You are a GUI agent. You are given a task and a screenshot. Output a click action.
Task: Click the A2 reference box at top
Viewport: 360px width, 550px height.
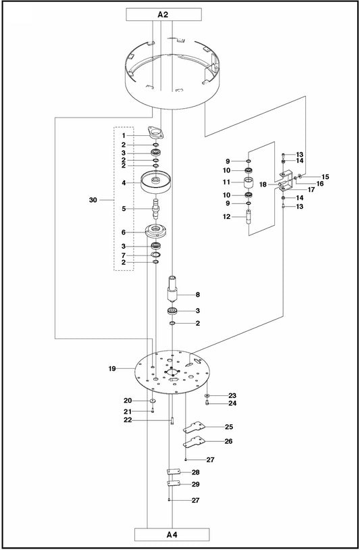163,14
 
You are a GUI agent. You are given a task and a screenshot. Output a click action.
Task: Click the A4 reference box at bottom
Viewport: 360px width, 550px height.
172,535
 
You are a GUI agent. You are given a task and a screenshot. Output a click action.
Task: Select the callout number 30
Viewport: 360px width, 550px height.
93,200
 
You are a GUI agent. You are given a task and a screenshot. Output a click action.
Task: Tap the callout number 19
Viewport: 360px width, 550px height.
112,369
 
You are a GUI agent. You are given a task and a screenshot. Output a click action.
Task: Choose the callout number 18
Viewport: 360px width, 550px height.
263,184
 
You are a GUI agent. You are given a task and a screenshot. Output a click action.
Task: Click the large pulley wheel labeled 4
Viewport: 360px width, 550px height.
155,182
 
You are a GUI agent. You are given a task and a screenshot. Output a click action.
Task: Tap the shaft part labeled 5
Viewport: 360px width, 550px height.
155,206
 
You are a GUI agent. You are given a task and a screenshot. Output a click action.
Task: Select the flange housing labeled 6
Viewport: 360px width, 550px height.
155,231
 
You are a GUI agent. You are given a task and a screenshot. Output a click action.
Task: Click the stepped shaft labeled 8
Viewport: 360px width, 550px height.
174,287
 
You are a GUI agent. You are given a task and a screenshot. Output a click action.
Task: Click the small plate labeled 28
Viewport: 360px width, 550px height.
172,472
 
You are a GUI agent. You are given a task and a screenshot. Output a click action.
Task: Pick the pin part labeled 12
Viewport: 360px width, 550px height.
249,218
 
